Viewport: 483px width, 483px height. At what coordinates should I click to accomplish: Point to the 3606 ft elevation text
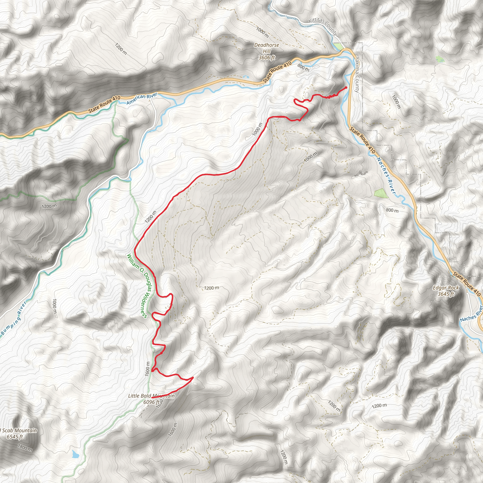(266, 58)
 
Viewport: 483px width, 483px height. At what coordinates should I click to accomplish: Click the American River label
(142, 99)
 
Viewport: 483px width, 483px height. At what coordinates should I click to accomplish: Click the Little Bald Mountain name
(151, 396)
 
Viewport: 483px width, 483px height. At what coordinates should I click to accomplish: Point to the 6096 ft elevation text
(151, 402)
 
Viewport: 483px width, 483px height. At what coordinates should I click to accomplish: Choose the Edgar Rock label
(446, 288)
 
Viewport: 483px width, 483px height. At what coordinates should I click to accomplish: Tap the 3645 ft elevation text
(446, 294)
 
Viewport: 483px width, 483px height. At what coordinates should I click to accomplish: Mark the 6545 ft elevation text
(15, 437)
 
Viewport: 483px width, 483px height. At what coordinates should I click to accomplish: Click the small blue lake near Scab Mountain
(75, 454)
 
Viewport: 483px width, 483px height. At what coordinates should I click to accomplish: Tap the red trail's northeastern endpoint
(346, 87)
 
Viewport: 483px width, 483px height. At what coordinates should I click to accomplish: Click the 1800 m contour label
(25, 447)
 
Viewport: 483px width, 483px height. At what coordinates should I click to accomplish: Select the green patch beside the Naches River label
(380, 193)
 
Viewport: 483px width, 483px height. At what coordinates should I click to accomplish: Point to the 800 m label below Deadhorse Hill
(303, 67)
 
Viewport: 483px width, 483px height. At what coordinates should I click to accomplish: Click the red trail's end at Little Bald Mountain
(152, 397)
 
